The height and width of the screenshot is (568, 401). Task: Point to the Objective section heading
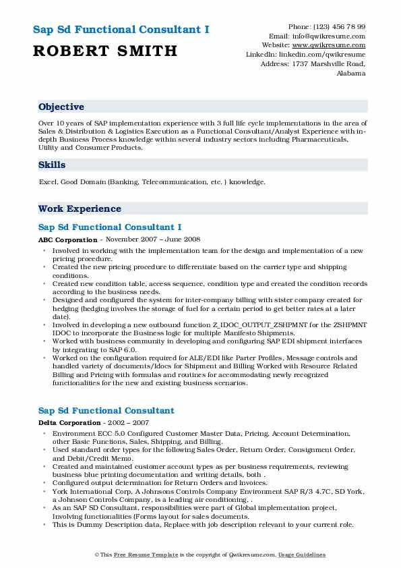click(x=61, y=107)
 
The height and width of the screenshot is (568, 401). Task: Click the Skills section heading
click(x=52, y=165)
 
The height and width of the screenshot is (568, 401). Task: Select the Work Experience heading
click(x=80, y=209)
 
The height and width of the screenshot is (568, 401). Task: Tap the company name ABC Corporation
click(x=68, y=240)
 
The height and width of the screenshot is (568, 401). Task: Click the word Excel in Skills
click(x=47, y=182)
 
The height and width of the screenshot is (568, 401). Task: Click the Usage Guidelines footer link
click(x=301, y=555)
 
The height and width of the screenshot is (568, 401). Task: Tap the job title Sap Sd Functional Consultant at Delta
click(x=106, y=410)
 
